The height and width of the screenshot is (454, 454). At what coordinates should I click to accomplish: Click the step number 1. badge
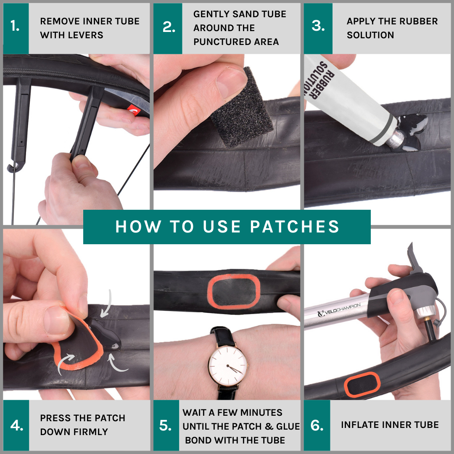[x=16, y=29]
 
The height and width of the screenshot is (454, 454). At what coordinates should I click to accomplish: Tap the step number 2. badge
[x=168, y=29]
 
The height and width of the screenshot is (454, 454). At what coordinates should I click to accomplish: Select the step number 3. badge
[x=318, y=29]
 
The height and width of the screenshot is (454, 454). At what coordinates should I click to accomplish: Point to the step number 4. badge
[x=16, y=425]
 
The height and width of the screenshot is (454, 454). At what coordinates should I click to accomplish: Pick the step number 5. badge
[x=166, y=425]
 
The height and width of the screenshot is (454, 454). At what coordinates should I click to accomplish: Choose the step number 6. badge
[x=317, y=425]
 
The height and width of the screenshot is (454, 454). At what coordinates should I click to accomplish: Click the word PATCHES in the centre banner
[x=295, y=227]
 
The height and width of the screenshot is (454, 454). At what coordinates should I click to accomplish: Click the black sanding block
[x=242, y=108]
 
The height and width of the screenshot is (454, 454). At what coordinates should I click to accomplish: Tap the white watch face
[x=228, y=365]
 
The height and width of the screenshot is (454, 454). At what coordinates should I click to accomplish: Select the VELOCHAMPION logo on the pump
[x=339, y=310]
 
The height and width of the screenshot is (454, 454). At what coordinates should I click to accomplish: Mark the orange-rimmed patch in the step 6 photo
[x=362, y=385]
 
